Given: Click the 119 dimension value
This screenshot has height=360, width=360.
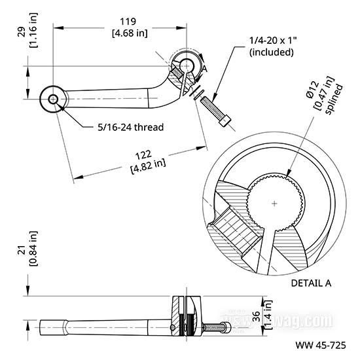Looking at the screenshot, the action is (x=128, y=22).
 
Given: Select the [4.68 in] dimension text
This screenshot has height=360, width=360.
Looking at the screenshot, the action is (x=130, y=33).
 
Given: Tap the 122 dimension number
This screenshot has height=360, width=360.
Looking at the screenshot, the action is (x=143, y=155).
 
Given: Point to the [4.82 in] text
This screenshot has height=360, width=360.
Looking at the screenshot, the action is (x=148, y=166).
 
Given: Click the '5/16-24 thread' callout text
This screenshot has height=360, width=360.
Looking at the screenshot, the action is (x=131, y=127).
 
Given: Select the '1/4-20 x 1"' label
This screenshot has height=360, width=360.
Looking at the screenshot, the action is (x=273, y=41).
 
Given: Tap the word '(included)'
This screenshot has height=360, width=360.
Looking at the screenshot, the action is (x=272, y=52).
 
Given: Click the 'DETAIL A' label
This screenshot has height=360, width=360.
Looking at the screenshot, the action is (x=311, y=283).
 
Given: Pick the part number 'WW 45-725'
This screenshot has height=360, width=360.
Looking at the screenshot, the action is (x=321, y=345).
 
